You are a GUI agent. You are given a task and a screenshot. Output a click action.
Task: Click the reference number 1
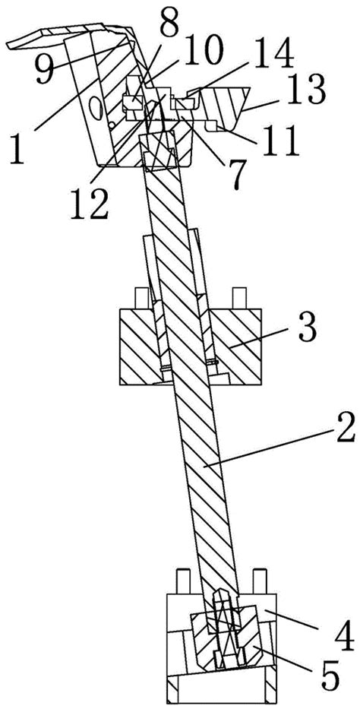17,149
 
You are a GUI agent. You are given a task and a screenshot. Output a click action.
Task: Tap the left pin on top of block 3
141,299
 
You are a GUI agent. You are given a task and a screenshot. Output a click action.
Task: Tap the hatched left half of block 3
139,347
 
